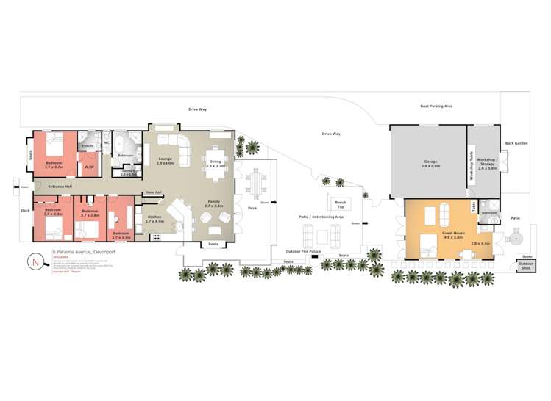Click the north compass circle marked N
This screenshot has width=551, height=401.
point(35,261)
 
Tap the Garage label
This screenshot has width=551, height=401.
point(430,163)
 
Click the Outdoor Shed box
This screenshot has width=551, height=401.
point(525,265)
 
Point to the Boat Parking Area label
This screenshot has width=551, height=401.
point(436,106)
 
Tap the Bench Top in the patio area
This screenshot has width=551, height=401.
point(340,203)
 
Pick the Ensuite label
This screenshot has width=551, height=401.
point(88,146)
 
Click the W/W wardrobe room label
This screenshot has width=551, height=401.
point(89,167)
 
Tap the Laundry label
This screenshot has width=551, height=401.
point(129,173)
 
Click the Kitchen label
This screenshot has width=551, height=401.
point(154,218)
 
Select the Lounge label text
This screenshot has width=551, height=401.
point(165,160)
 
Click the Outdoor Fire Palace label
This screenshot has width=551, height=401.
point(303,251)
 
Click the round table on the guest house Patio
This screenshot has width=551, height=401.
point(516,239)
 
